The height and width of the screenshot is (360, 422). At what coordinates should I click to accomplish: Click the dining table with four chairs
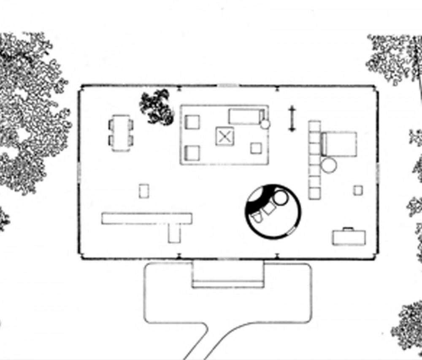point(121,132)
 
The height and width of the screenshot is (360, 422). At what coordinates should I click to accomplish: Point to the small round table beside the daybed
point(265,124)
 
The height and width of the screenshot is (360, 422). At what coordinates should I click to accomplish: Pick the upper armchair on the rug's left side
point(192,122)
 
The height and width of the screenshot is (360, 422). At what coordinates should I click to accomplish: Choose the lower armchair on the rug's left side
point(192,153)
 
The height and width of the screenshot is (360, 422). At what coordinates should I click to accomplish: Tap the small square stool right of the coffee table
point(256,148)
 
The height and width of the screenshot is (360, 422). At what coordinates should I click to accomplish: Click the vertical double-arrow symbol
point(291,119)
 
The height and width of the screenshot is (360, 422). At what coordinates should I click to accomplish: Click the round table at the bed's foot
point(329,165)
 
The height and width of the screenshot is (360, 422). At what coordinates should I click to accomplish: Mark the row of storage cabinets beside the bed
point(314,160)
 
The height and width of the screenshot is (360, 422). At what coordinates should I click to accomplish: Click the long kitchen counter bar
point(146,218)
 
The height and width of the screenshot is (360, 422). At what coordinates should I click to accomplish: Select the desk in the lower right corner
point(349,237)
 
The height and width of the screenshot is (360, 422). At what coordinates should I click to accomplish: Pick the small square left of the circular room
point(144,191)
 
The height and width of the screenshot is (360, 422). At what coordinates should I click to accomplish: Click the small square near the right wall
point(358,190)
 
